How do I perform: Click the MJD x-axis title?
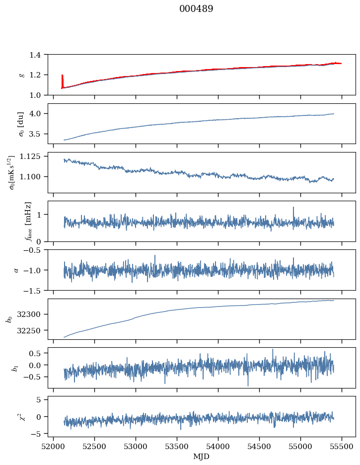point(202,457)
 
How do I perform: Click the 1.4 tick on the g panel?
point(37,55)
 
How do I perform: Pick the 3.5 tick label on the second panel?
point(37,134)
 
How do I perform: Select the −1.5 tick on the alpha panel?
point(34,290)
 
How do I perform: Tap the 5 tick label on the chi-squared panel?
point(42,399)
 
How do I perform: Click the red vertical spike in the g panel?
point(62,81)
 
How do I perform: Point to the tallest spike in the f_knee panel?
point(293,208)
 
